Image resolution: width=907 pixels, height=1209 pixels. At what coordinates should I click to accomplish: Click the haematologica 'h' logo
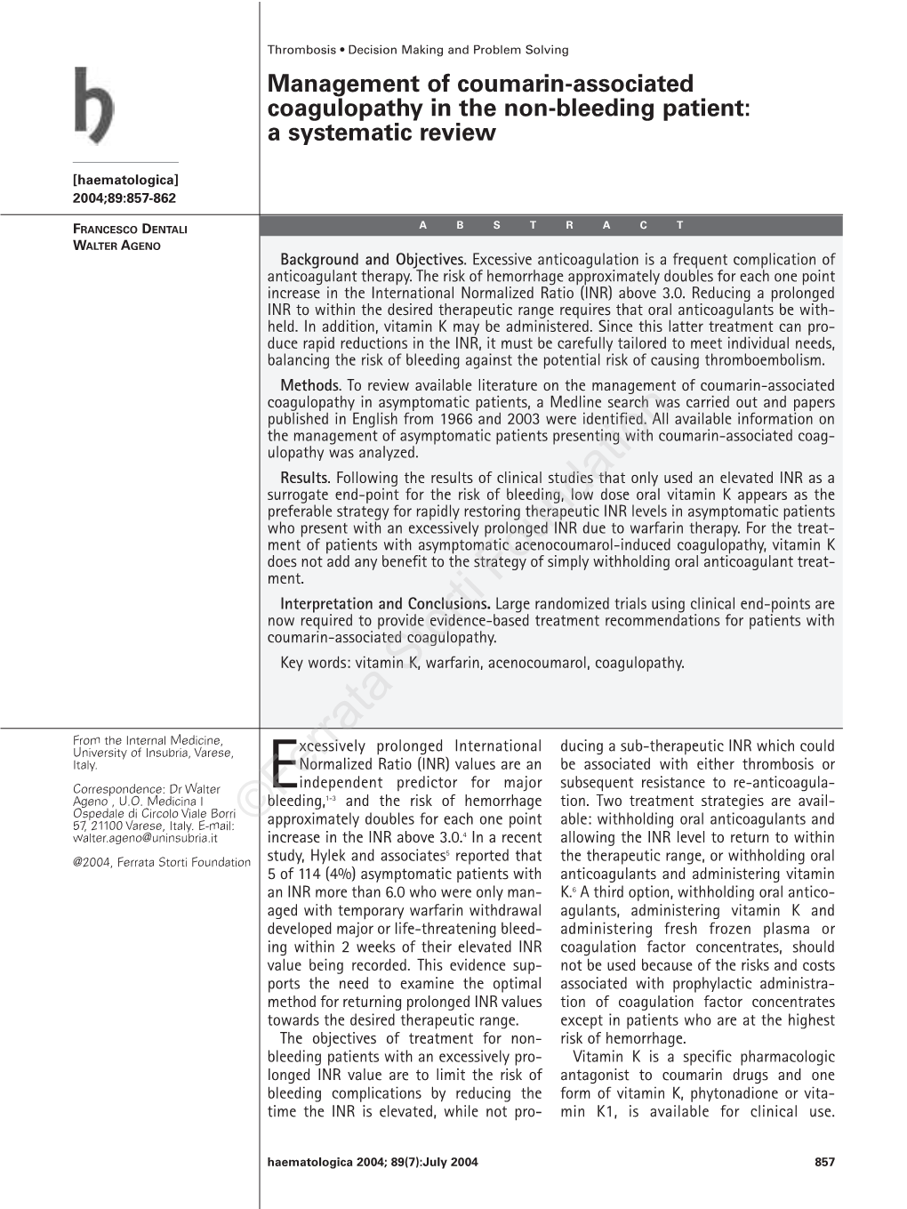point(93,106)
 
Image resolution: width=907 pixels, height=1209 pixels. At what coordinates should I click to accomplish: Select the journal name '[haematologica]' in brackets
point(125,181)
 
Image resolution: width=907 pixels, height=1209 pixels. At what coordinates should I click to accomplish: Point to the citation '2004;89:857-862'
point(124,197)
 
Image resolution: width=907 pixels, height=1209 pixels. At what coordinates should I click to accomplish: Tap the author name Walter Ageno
point(116,245)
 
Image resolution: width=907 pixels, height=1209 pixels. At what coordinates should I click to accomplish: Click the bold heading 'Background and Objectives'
point(373,261)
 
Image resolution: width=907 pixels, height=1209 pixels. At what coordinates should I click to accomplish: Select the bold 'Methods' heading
point(310,386)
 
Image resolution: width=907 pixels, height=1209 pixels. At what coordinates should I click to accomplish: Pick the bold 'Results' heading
point(305,479)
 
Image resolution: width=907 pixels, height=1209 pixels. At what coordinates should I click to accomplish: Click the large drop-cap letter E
point(282,766)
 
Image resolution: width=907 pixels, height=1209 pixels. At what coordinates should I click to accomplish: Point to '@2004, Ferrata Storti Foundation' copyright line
point(161,861)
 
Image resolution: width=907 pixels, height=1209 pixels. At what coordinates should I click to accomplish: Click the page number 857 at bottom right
point(824,1161)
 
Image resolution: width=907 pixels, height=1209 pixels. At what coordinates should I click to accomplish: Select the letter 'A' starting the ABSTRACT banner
point(423,225)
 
